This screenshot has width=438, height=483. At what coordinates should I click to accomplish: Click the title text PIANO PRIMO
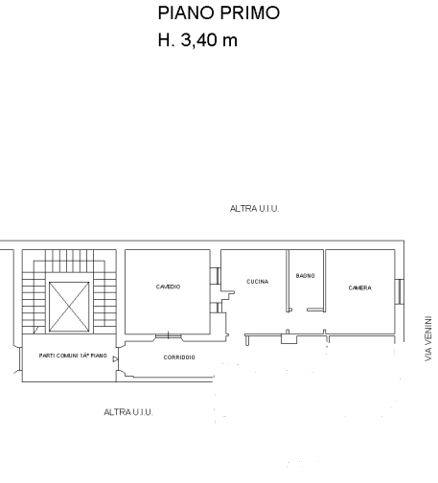tap(219, 13)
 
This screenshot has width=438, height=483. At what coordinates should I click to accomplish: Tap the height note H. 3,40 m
tap(197, 40)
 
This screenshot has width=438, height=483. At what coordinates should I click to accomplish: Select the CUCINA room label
tap(258, 282)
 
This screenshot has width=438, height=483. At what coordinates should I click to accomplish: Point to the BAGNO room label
tap(306, 276)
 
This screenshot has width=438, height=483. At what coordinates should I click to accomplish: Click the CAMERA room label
tap(360, 287)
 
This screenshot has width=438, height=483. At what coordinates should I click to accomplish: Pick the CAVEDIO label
tap(168, 287)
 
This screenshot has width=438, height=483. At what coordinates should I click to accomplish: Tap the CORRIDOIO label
tap(179, 357)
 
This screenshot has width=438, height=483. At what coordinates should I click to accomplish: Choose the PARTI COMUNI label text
tap(73, 356)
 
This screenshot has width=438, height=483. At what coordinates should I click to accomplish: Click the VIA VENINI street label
tap(428, 338)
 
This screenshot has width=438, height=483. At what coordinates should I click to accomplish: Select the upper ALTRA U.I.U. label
tap(254, 209)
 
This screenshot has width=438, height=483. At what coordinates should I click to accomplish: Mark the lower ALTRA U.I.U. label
tap(128, 412)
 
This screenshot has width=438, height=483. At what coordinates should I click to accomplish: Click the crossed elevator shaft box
tap(69, 307)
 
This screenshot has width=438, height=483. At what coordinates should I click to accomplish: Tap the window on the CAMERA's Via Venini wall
tap(400, 291)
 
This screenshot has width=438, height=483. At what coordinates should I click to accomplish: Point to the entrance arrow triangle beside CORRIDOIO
tap(115, 359)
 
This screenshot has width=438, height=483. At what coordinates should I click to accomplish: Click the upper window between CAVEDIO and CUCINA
tap(215, 276)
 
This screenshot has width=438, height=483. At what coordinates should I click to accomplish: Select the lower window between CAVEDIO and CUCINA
tap(216, 308)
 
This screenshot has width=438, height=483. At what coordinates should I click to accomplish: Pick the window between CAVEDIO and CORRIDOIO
tap(169, 336)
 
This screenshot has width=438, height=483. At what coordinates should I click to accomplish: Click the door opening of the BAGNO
tap(299, 310)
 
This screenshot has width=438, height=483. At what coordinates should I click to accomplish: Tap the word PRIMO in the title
tap(249, 13)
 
